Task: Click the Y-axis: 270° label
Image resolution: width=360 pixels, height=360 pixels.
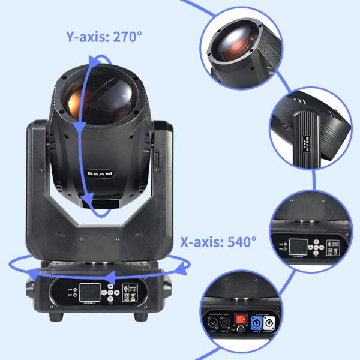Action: (x=104, y=36)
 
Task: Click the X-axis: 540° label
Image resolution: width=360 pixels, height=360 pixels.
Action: (x=218, y=242)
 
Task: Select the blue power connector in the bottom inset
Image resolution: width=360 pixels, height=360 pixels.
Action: (x=256, y=322)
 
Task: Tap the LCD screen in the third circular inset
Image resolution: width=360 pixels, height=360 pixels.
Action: (x=299, y=247)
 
